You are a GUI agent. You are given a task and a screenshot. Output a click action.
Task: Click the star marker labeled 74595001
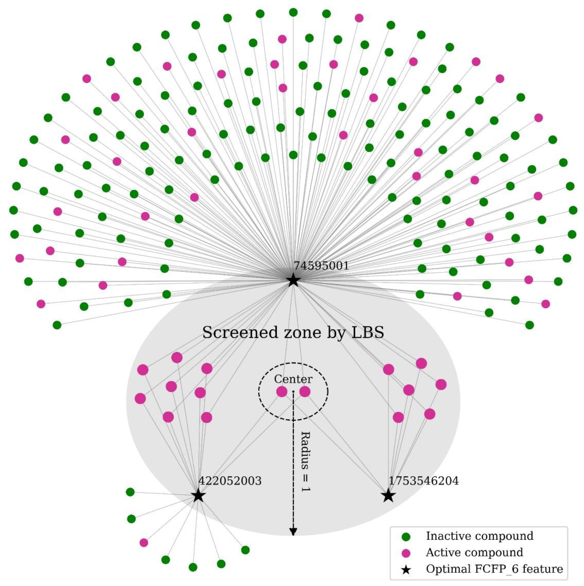click(x=293, y=280)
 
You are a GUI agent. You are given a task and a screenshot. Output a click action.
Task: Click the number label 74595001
click(x=321, y=266)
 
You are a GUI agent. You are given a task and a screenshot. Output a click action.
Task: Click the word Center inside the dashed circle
click(x=293, y=379)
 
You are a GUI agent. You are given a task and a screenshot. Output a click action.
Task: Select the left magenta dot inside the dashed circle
click(x=282, y=392)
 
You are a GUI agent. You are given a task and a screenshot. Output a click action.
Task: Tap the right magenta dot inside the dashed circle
click(x=305, y=392)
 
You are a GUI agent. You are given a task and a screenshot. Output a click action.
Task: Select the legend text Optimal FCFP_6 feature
click(x=494, y=569)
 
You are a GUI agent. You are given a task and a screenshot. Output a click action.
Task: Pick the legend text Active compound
click(x=474, y=553)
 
